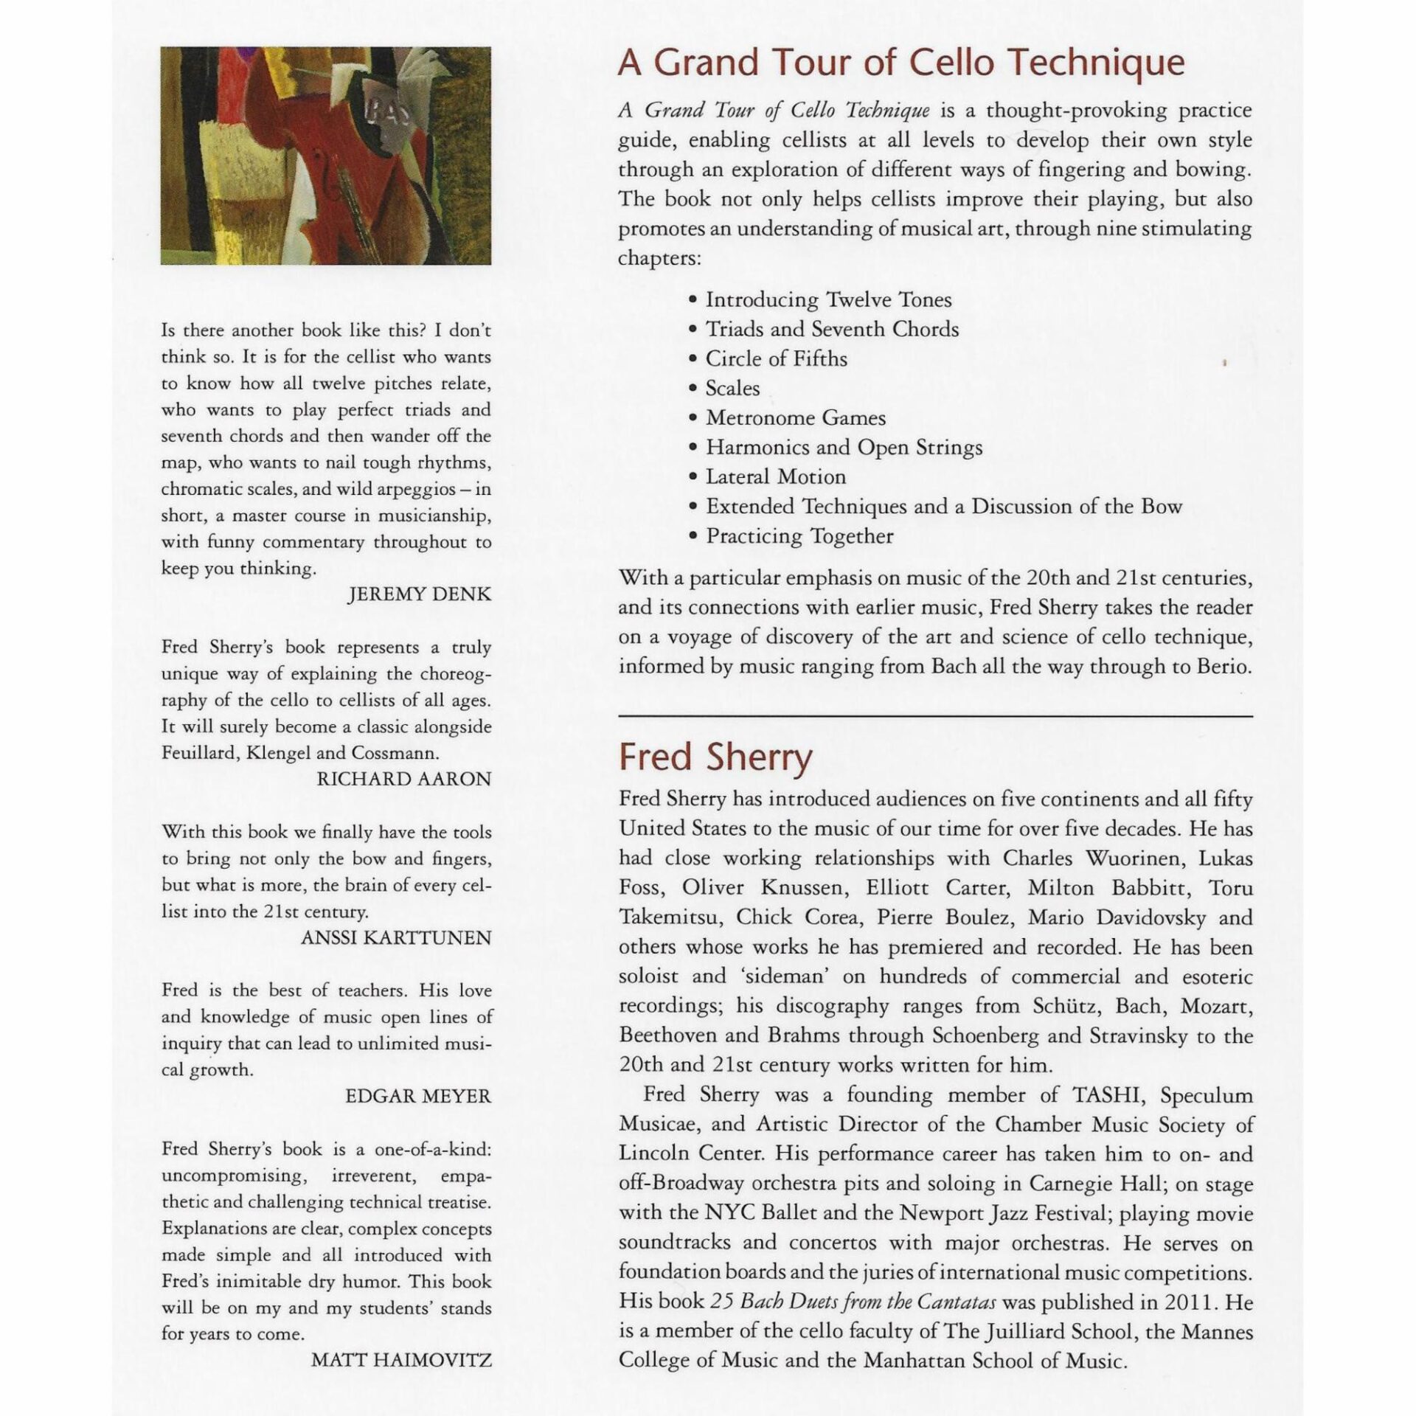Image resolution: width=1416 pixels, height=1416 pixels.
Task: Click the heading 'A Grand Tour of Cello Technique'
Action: (900, 63)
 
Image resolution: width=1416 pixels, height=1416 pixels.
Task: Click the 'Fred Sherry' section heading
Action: (715, 757)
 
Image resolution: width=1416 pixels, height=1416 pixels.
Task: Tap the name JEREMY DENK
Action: (418, 594)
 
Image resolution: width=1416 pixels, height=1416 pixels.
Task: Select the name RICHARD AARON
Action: (403, 780)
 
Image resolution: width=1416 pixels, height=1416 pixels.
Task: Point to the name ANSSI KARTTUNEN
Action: (395, 938)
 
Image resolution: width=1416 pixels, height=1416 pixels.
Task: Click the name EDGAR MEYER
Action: (417, 1097)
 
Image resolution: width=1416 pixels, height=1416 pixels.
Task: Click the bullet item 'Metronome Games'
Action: (795, 418)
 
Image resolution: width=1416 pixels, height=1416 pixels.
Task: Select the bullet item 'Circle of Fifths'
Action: (776, 359)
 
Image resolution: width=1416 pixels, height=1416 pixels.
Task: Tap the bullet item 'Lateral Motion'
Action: (775, 477)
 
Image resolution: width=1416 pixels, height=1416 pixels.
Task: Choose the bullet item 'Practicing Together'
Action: (799, 536)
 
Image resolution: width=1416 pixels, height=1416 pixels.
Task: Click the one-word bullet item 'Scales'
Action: (732, 389)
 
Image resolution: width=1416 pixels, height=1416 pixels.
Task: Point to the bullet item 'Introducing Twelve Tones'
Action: (828, 300)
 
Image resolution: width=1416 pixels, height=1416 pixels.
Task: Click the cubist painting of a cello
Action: (325, 156)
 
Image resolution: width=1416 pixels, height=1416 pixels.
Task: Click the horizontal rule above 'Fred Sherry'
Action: (935, 716)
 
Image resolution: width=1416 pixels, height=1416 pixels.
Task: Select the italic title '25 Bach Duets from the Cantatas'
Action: (853, 1302)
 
